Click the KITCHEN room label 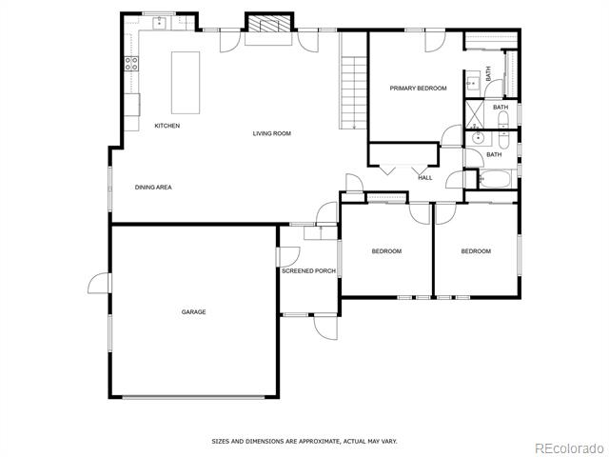(x=167, y=126)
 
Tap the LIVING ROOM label (x=272, y=133)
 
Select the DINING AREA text (x=153, y=187)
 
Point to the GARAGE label (x=193, y=311)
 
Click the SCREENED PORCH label (x=308, y=270)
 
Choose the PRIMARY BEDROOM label (x=419, y=89)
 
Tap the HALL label (x=425, y=178)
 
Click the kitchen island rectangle (x=186, y=83)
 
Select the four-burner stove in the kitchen (x=131, y=64)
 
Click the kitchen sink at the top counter (x=159, y=23)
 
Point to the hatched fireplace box (x=269, y=23)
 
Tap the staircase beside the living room (x=353, y=92)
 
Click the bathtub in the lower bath (x=495, y=179)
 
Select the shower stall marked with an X (x=475, y=114)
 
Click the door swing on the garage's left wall (x=98, y=283)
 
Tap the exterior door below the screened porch (x=325, y=327)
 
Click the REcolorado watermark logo (x=570, y=448)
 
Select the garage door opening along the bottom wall (x=193, y=397)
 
